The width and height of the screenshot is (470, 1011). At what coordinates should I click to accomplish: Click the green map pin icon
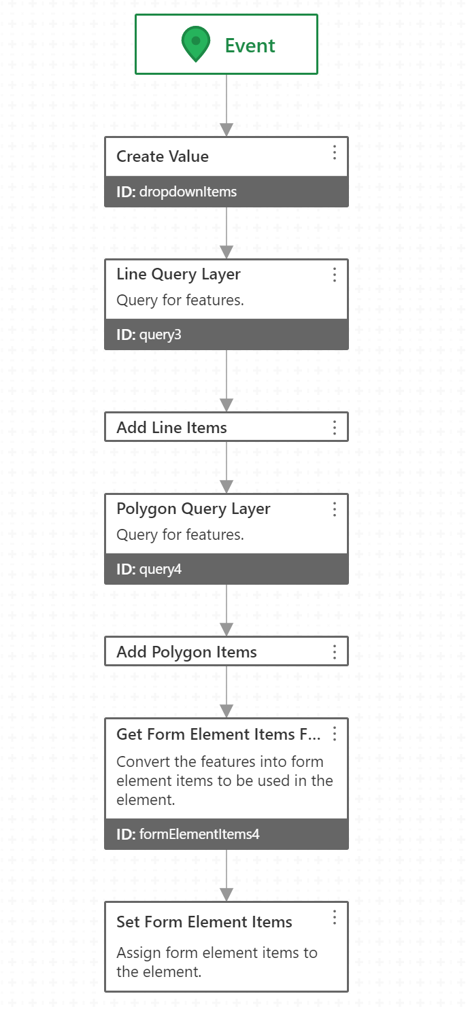point(195,44)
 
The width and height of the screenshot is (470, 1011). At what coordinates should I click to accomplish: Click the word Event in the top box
point(250,46)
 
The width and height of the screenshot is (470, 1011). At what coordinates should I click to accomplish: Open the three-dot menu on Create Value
point(335,152)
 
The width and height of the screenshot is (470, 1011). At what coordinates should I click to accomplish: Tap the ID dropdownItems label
point(177,192)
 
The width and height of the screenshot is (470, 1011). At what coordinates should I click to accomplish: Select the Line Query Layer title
point(178,274)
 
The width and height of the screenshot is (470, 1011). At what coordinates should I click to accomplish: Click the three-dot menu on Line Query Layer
point(335,275)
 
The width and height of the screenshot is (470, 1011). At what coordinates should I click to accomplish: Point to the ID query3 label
point(149,335)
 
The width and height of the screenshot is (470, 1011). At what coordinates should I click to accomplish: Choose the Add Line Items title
point(171,428)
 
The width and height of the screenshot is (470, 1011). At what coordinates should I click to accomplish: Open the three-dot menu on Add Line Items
point(335,428)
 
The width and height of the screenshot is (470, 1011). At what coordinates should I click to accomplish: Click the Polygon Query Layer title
point(193,509)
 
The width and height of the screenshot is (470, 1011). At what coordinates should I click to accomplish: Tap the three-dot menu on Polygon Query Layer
point(335,509)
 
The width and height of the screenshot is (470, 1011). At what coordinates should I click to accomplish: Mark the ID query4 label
point(149,570)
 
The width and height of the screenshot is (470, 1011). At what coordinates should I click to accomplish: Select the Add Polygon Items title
point(186,652)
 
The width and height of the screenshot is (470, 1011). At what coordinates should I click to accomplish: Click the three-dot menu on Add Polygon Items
point(335,652)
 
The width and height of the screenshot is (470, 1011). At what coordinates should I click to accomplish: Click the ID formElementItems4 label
point(188,834)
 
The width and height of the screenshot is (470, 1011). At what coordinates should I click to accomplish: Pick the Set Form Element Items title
point(204,922)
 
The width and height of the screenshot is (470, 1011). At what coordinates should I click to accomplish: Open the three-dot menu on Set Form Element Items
point(335,917)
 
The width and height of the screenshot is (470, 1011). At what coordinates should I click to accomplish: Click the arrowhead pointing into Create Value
point(226,130)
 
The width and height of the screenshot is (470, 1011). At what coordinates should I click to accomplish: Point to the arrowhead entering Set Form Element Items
point(226,895)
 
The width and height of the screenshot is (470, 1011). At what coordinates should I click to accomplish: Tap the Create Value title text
point(163,156)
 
